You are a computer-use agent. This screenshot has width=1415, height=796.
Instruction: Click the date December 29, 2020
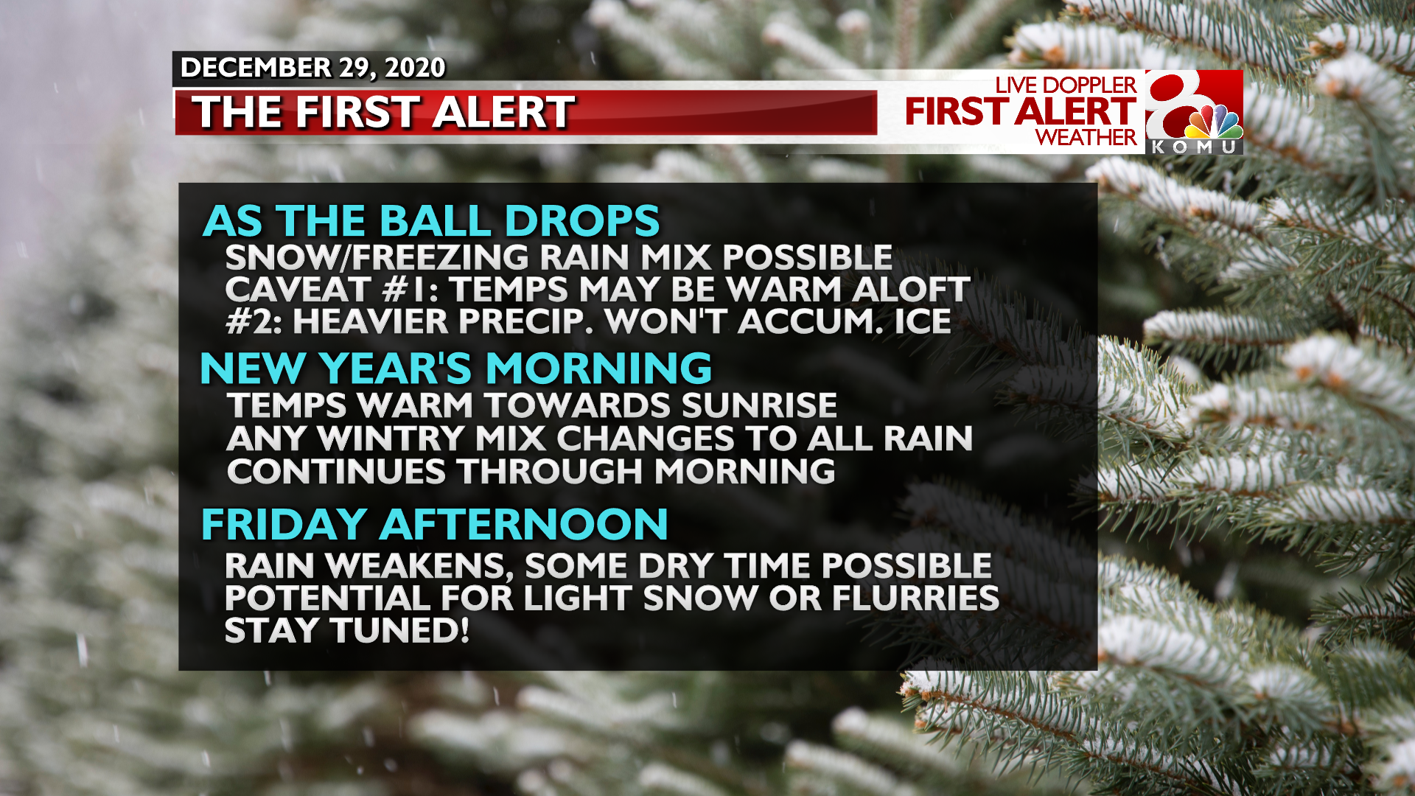click(312, 68)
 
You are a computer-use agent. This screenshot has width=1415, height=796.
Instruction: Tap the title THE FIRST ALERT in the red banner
click(383, 112)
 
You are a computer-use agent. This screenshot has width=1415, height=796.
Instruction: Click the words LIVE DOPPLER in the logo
click(1066, 85)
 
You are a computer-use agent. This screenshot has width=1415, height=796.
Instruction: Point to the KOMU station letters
click(1195, 147)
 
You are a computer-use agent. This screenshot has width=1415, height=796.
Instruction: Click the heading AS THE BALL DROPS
click(431, 220)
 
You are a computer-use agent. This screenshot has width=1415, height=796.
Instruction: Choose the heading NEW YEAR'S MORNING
click(455, 368)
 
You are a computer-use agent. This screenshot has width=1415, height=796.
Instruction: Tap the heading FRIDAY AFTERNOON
click(435, 524)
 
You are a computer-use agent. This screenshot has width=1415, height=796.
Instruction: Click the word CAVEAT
click(297, 289)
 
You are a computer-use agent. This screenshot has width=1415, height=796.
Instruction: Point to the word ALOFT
click(911, 289)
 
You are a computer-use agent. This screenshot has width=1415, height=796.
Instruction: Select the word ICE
click(923, 321)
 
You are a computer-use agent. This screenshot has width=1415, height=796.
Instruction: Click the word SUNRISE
click(759, 405)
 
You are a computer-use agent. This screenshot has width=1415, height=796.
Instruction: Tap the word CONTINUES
click(336, 472)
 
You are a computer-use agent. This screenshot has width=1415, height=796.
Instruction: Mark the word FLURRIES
click(916, 598)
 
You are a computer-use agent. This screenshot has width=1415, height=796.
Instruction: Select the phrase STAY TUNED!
click(347, 631)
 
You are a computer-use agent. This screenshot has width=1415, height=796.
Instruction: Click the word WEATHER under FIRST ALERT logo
click(1086, 137)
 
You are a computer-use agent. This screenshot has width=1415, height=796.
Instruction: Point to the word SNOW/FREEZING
click(377, 257)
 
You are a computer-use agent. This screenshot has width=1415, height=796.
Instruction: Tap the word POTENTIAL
click(327, 598)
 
